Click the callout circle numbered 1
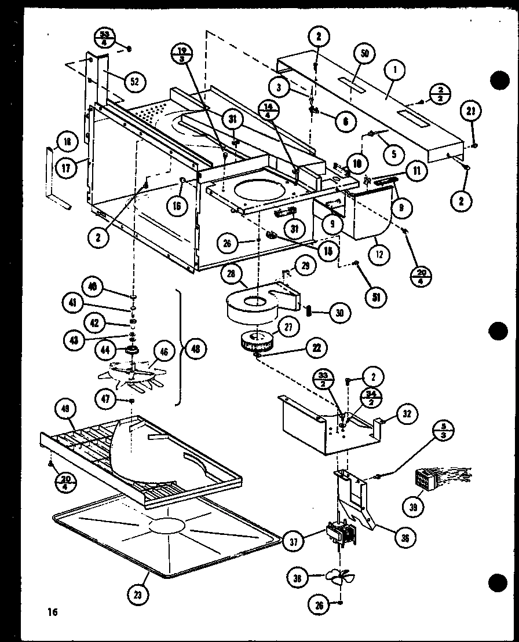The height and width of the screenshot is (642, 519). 395,71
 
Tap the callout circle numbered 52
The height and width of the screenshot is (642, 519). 133,82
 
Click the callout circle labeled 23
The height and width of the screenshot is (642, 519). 140,594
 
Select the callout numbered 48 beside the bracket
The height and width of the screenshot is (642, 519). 195,350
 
